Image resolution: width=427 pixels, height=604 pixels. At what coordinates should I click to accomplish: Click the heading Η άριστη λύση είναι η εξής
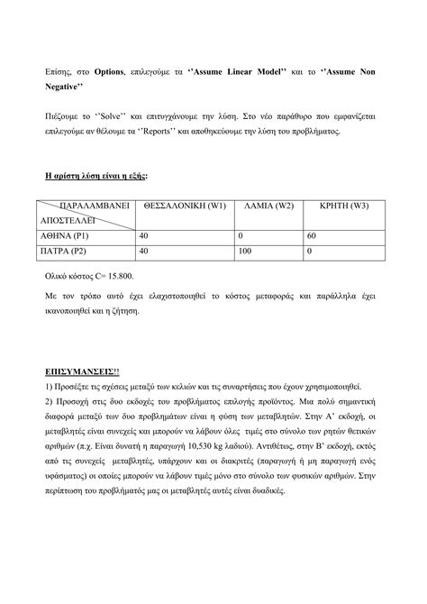tap(95, 178)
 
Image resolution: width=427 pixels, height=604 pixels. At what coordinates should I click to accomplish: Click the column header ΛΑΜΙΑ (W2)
tap(269, 206)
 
